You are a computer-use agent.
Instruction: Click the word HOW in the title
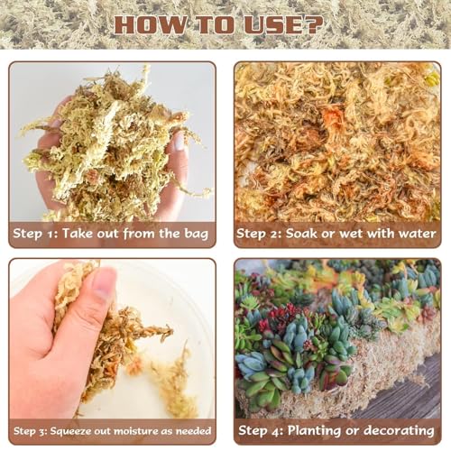tap(147, 24)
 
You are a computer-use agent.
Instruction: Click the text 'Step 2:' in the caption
tap(262, 235)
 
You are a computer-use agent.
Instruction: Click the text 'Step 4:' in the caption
tap(262, 431)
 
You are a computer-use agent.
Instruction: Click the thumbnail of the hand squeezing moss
tap(112, 339)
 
